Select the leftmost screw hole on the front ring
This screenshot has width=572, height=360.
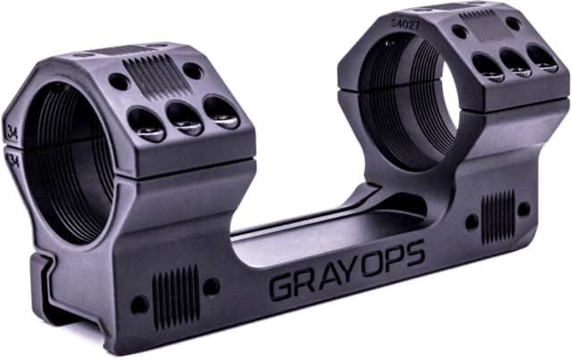tap(146, 122)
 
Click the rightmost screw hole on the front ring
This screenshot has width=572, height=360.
tap(219, 109)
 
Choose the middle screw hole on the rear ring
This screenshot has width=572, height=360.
tap(515, 61)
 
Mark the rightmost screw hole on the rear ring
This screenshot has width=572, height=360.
tap(543, 55)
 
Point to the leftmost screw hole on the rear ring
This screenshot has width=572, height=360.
tap(487, 66)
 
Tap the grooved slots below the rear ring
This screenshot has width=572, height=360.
tap(497, 215)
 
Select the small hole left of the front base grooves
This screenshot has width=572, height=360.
tap(139, 303)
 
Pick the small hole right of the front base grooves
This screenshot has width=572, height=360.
tap(211, 286)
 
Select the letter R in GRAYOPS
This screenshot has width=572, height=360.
tap(303, 281)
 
